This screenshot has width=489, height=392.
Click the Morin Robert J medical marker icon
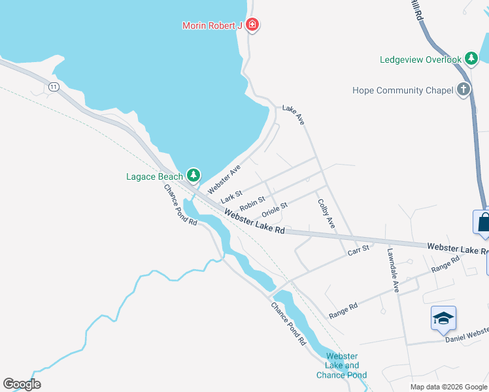(253, 25)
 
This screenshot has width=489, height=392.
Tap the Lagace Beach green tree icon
(193, 175)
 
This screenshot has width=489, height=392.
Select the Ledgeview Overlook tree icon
(471, 59)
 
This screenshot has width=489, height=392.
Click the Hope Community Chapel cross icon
(464, 90)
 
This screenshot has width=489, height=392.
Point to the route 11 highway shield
(53, 86)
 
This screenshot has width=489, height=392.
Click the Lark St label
(231, 195)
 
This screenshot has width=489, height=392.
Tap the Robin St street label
(252, 203)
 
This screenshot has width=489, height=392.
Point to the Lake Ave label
(294, 115)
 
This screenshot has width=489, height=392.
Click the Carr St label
(358, 249)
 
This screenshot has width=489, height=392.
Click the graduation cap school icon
(443, 319)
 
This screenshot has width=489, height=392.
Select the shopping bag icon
(484, 222)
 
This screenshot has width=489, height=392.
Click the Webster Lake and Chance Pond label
(342, 365)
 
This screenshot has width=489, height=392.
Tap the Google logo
(22, 384)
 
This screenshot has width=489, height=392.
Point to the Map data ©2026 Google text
(448, 387)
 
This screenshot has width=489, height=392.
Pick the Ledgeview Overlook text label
(420, 59)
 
